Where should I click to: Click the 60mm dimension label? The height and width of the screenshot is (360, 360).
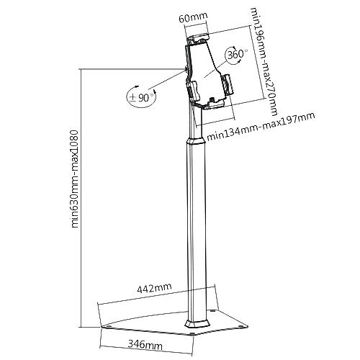tap(193, 17)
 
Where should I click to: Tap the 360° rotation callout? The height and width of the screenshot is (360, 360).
tap(236, 55)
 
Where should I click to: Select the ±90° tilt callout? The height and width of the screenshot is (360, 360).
tap(142, 97)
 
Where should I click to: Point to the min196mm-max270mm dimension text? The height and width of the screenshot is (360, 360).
tap(264, 62)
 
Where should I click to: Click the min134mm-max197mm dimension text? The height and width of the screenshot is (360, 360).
tap(261, 127)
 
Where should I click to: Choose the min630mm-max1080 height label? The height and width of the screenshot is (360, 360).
tap(75, 179)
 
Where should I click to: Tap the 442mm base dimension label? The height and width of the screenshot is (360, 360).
tap(154, 288)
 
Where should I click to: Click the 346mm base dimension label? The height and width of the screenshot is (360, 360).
tap(145, 345)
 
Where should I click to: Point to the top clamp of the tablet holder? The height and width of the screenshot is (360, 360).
tap(198, 39)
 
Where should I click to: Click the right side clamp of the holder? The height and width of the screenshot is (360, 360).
tap(226, 85)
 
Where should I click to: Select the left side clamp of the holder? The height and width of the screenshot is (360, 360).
tap(192, 91)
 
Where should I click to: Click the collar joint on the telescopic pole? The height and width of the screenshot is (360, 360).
tap(196, 141)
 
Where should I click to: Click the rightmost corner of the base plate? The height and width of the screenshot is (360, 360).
tap(248, 326)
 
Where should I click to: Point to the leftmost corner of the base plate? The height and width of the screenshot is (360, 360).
tap(101, 327)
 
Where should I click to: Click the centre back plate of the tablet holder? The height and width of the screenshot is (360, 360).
tap(204, 70)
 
